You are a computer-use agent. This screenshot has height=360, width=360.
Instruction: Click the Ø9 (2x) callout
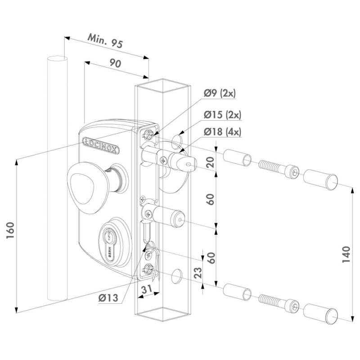[220, 94]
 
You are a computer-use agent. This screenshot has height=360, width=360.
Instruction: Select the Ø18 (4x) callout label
[222, 132]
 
